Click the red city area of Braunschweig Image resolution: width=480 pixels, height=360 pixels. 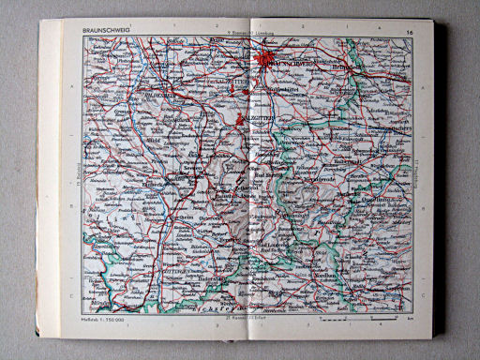(270, 63)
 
